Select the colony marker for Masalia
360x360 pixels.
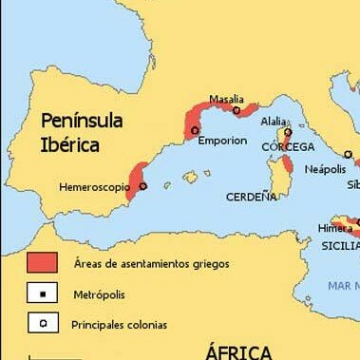237,110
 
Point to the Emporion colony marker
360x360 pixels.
196,130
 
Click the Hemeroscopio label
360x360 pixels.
95,187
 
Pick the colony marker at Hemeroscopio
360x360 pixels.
143,187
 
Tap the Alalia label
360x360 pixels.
273,122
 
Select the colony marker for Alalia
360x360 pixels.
286,134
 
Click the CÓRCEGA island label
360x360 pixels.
288,147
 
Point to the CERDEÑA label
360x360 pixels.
252,197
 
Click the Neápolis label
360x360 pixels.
325,168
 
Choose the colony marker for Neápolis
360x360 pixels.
348,154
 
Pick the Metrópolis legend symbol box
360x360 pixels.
42,294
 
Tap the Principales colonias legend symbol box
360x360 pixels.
42,324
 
